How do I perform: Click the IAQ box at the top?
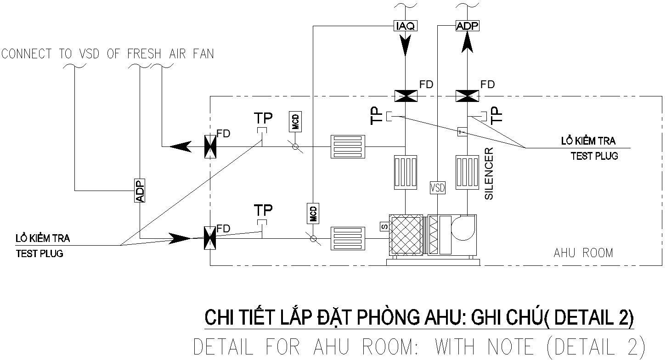(405, 26)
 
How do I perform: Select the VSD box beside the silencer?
(438, 187)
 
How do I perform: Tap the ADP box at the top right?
(467, 26)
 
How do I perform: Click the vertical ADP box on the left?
(140, 190)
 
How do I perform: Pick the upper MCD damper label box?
(295, 122)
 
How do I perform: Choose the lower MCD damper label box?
(313, 214)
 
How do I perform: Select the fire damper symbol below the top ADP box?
(467, 96)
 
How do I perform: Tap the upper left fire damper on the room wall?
(210, 147)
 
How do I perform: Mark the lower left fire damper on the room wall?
(210, 238)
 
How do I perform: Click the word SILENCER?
(489, 173)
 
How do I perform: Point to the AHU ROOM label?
(583, 253)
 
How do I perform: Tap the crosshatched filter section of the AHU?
(406, 234)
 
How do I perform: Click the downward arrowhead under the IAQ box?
(405, 46)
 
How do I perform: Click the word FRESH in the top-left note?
(144, 54)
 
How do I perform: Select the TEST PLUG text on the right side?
(594, 156)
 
